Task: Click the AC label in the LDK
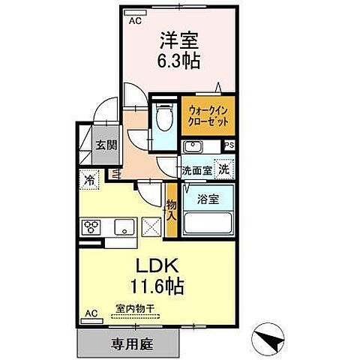click(x=90, y=313)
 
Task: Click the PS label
click(x=229, y=145)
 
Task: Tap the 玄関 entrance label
click(x=104, y=145)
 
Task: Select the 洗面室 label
click(x=196, y=170)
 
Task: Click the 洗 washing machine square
click(x=223, y=169)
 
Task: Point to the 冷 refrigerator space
click(x=89, y=180)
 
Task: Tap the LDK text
click(x=156, y=267)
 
